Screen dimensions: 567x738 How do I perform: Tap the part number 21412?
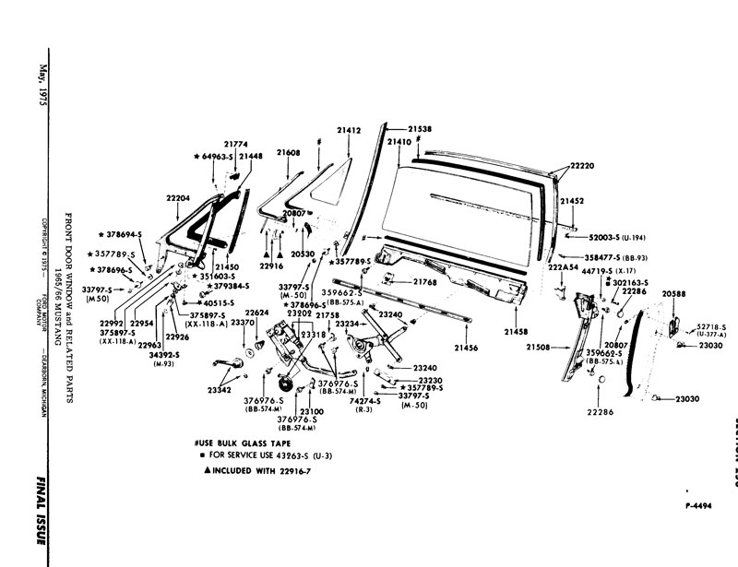click(x=349, y=132)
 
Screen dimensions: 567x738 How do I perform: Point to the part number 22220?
click(x=582, y=166)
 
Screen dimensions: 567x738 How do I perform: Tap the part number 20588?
click(x=673, y=294)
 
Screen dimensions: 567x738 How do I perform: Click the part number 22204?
click(x=178, y=198)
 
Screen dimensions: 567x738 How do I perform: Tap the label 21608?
click(x=288, y=152)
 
